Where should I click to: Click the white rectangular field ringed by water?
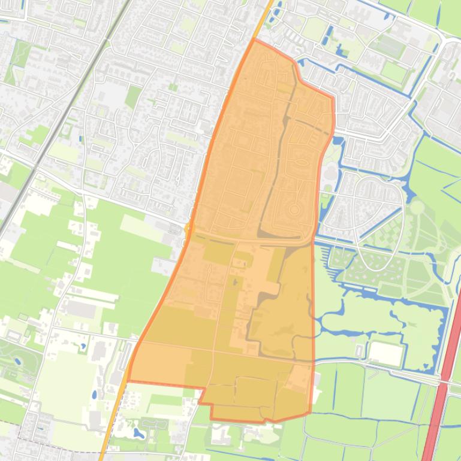coord(385,354)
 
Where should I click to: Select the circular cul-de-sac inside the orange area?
coord(293,211)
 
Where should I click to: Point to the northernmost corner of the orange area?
coord(254,40)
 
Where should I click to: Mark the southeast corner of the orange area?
coord(310,413)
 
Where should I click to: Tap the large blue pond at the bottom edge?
coord(139,432)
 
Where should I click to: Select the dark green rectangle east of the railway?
coord(133,96)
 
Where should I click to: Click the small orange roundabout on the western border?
coord(188,228)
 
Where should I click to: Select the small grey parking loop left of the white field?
coord(359,351)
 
